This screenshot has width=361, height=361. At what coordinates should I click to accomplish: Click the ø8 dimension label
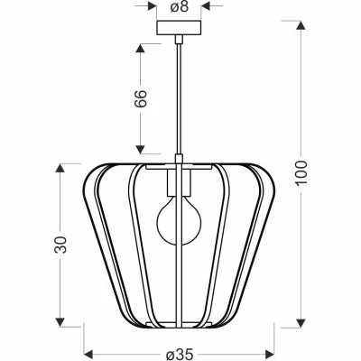pyautogui.click(x=180, y=6)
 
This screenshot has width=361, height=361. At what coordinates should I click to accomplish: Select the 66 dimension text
pyautogui.click(x=141, y=98)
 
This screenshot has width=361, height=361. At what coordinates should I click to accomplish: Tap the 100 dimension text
pyautogui.click(x=301, y=173)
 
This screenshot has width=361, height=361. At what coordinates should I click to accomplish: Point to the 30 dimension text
pyautogui.click(x=60, y=245)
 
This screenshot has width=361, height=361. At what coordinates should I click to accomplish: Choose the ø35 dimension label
pyautogui.click(x=179, y=356)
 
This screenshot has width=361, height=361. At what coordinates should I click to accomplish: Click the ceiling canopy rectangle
pyautogui.click(x=179, y=27)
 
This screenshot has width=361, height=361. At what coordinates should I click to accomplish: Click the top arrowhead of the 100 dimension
pyautogui.click(x=301, y=25)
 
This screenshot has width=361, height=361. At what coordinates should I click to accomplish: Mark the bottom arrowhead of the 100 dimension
pyautogui.click(x=301, y=323)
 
